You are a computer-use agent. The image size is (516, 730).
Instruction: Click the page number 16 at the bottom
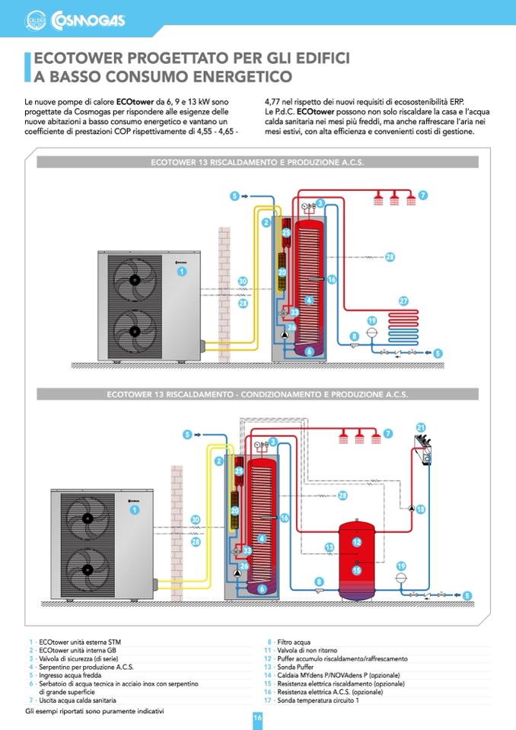click(257, 718)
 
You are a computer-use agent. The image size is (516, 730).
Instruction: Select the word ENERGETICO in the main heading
click(234, 76)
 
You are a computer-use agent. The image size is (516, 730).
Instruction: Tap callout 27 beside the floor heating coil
click(403, 300)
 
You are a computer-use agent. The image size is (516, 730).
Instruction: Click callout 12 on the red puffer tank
click(356, 542)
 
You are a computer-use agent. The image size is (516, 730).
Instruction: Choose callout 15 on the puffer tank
click(356, 569)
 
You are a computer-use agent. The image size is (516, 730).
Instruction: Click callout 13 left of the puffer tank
click(330, 547)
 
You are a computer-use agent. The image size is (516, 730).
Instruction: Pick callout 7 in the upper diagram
click(422, 196)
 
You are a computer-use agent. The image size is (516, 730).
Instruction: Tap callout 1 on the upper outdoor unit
click(182, 271)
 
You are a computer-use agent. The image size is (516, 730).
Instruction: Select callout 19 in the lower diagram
click(401, 566)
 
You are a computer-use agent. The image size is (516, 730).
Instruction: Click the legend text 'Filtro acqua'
click(294, 642)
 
